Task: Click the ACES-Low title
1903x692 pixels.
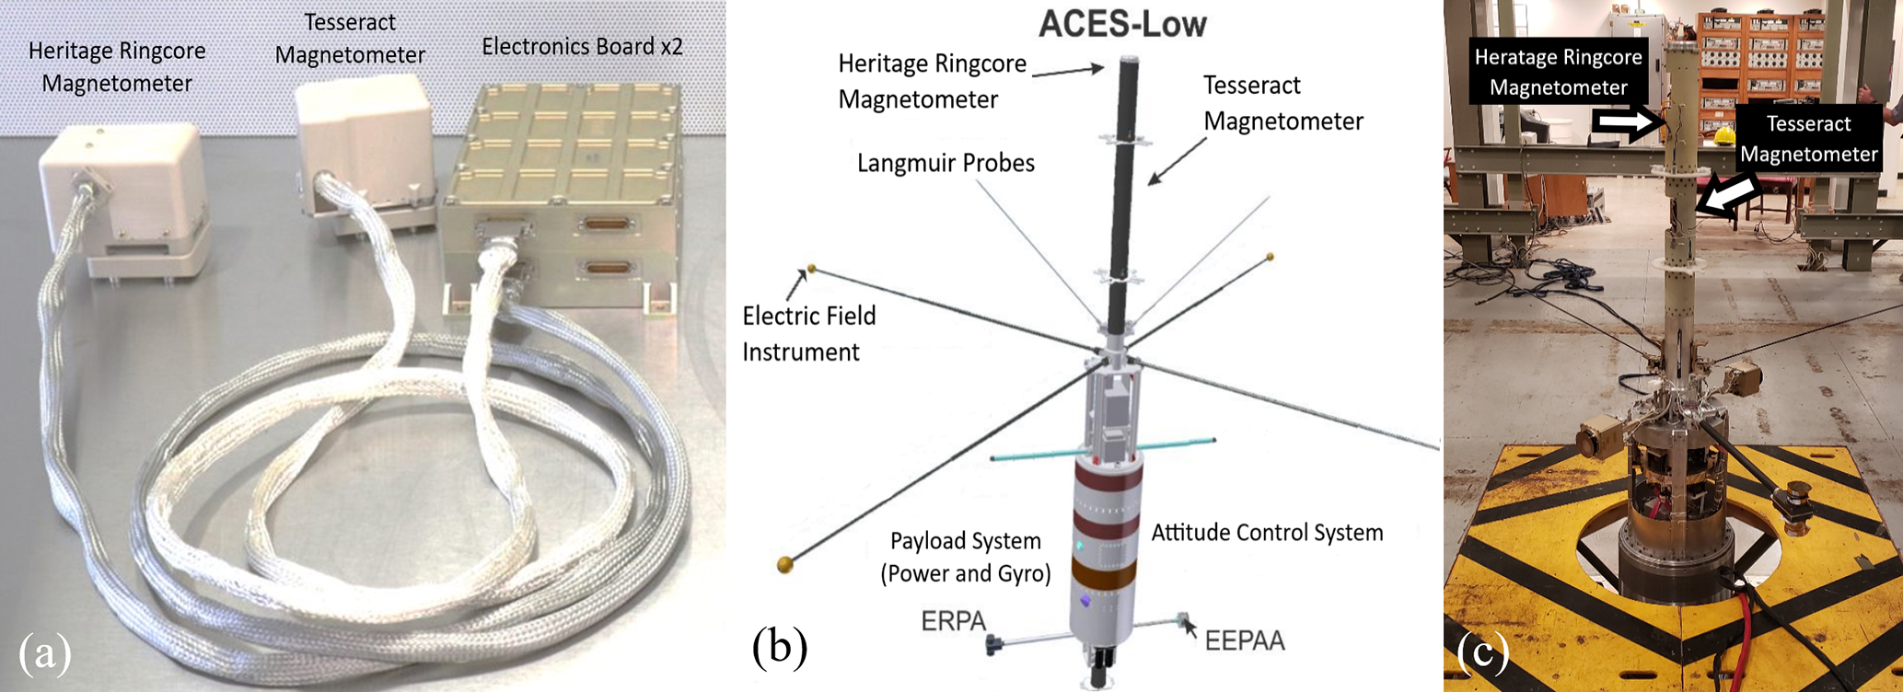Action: click(1122, 24)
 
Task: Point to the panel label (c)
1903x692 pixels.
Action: click(1483, 652)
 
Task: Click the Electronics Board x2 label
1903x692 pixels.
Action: click(582, 45)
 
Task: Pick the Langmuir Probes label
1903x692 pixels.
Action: click(946, 163)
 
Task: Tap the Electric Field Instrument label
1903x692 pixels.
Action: click(808, 333)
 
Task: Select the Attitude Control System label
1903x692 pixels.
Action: click(1267, 532)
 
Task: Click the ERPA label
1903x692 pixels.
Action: click(954, 621)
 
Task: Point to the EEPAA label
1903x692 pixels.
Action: click(1245, 640)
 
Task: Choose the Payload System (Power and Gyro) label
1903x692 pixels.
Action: click(965, 557)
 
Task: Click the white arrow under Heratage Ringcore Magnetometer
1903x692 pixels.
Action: click(1629, 122)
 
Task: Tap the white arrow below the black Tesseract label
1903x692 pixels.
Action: click(1728, 196)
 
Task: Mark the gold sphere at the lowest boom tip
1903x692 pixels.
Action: click(785, 563)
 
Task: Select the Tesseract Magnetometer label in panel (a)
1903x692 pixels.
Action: click(350, 39)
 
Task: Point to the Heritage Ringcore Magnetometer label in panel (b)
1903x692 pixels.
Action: click(931, 81)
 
